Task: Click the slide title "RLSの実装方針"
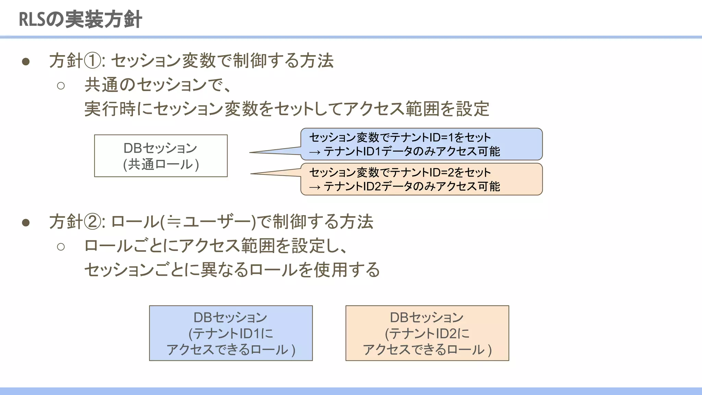(80, 20)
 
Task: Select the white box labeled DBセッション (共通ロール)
(161, 156)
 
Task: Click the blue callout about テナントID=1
(422, 144)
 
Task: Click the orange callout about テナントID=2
(422, 179)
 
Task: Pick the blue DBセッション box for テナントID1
(231, 333)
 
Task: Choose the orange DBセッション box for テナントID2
(427, 333)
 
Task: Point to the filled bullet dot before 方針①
(26, 62)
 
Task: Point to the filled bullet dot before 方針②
(26, 223)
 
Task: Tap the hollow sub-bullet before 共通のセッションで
(61, 85)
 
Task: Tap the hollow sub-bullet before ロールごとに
(61, 247)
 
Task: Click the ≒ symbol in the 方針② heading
(174, 222)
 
